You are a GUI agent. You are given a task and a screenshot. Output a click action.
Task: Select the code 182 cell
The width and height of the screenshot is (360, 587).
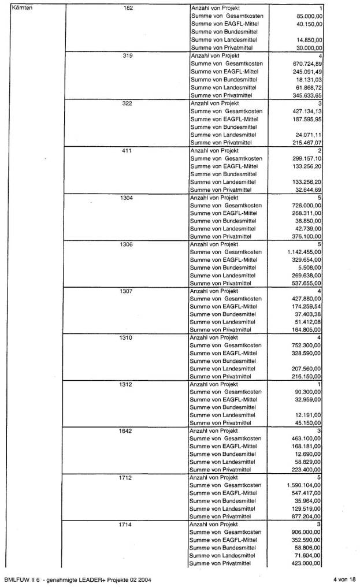[128, 9]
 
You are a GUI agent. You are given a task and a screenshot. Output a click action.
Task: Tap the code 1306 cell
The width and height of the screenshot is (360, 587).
[128, 244]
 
